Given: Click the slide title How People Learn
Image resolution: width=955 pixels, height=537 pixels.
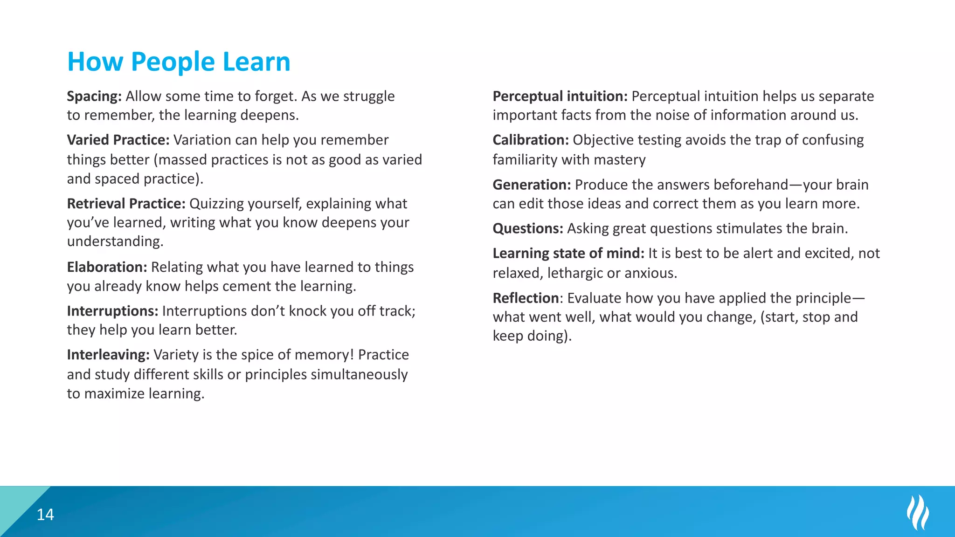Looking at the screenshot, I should [179, 62].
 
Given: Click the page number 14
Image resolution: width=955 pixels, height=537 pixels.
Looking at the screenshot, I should [45, 515].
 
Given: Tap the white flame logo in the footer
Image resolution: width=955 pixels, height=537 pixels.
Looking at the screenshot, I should [917, 513].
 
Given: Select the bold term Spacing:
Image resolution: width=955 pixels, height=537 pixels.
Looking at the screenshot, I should [94, 96].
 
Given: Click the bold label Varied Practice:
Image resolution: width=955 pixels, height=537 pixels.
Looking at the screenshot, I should [118, 140].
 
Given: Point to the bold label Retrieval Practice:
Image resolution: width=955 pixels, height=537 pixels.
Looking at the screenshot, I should [126, 204].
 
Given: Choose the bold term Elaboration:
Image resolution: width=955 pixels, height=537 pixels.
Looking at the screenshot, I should [107, 267].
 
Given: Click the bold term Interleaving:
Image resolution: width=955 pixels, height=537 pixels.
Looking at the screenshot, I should [108, 355].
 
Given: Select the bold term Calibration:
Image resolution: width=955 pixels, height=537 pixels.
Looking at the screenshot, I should [531, 140].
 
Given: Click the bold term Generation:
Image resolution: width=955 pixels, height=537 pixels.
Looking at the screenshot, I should [532, 185].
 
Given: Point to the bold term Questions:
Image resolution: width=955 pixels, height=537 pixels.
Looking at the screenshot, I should [528, 228].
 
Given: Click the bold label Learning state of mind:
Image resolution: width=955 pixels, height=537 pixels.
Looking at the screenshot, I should [568, 253].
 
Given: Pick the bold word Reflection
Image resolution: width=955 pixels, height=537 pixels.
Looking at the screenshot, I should [526, 298].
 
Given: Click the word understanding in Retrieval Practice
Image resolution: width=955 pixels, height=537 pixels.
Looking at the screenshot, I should [114, 241].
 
